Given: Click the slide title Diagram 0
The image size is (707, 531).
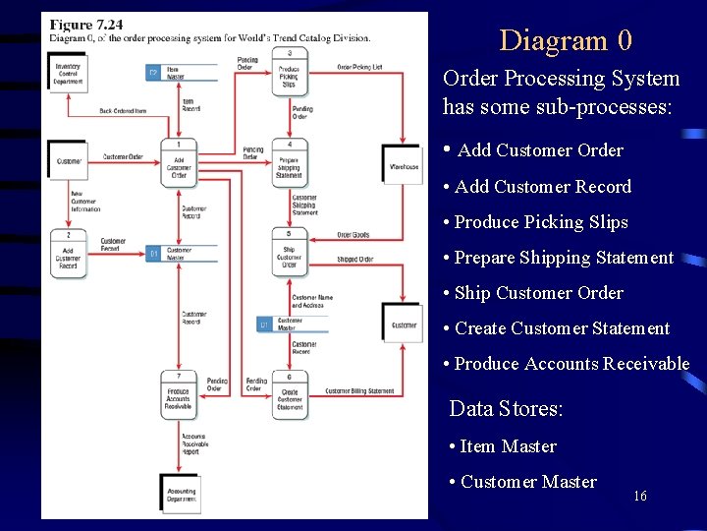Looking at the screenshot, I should [x=566, y=40].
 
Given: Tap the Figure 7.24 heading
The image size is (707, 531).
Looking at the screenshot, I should [x=85, y=25].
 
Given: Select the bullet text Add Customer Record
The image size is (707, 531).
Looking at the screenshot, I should [x=543, y=187].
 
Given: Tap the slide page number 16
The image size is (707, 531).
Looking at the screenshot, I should [x=640, y=496].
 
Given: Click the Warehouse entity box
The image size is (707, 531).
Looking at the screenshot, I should [x=403, y=167].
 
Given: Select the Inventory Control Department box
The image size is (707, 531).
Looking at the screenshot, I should [x=69, y=73].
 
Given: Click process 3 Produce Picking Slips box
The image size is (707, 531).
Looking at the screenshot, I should [x=290, y=73].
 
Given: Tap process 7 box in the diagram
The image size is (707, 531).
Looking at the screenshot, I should [x=179, y=394].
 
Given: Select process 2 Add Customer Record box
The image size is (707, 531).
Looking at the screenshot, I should [x=69, y=255].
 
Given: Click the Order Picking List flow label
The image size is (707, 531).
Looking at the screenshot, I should [x=359, y=67].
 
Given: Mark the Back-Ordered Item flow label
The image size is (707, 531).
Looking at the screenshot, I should [x=123, y=111].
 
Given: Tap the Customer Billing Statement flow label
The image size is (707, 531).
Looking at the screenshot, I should [x=359, y=391].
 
